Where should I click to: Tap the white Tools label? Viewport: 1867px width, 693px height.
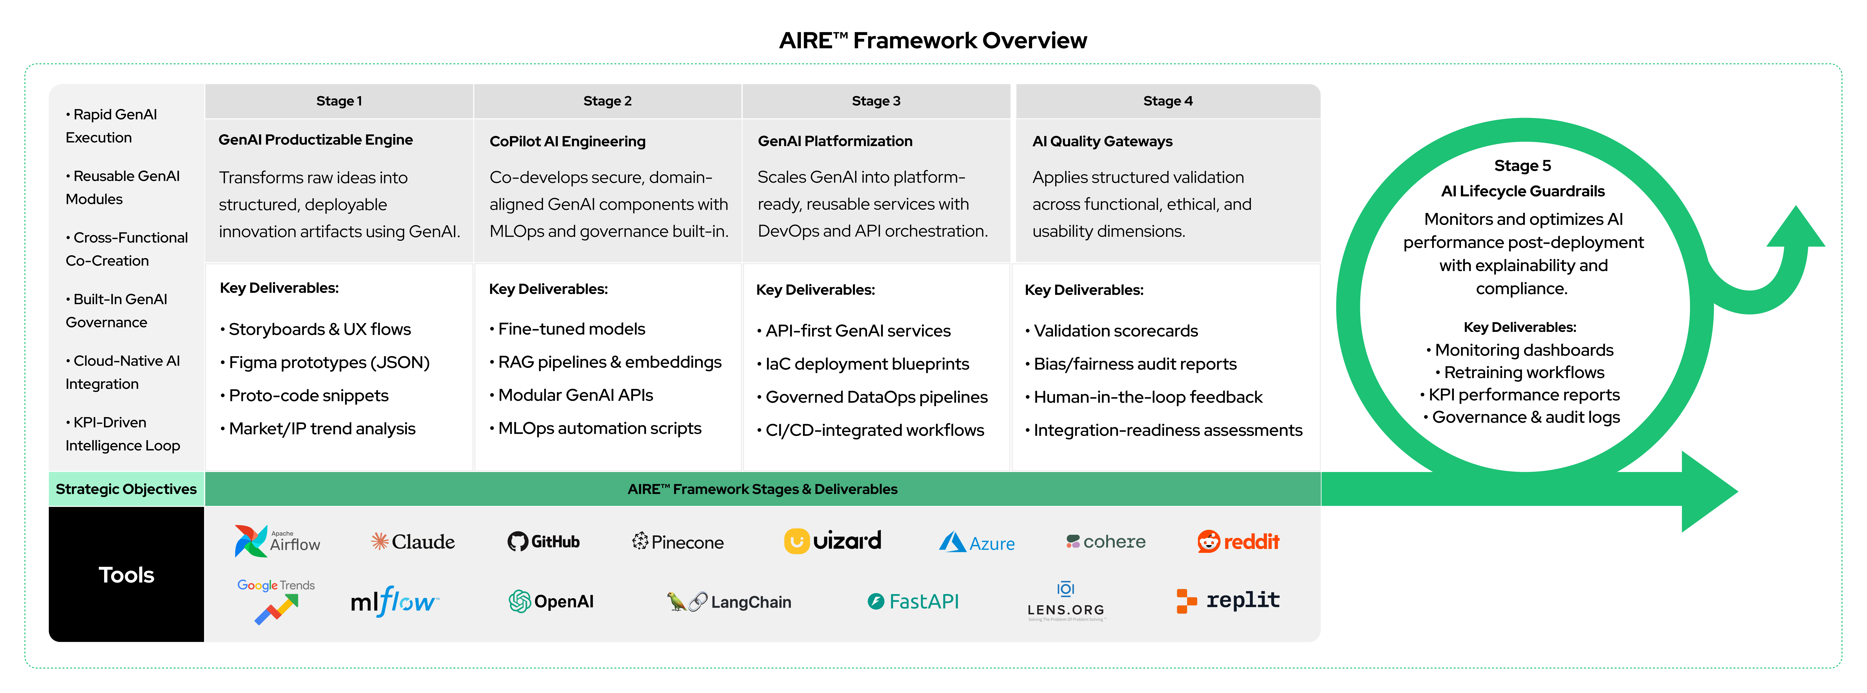[126, 575]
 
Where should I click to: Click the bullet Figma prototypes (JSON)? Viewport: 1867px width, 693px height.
[328, 362]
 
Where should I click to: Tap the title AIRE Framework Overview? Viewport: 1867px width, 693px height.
[933, 41]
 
